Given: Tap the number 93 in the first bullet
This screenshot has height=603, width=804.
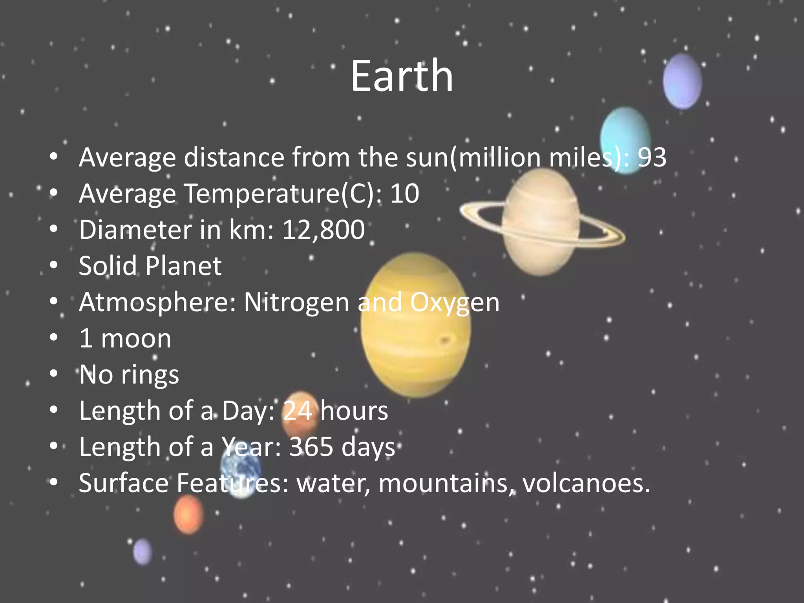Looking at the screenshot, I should [x=652, y=157].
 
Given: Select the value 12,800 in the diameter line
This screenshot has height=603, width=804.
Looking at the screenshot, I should [x=323, y=230].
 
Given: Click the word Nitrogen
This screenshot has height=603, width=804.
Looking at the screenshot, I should [x=296, y=302].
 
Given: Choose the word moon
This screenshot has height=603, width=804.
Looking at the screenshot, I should [x=136, y=338].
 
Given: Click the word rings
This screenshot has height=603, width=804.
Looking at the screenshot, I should [x=150, y=375].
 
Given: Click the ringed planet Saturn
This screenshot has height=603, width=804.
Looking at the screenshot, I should [x=542, y=222].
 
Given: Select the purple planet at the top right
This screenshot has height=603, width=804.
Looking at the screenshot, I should [x=682, y=81].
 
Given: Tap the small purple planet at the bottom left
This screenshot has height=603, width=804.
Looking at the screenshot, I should [x=143, y=552].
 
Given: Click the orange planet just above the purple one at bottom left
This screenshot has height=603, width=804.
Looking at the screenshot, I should [x=188, y=514].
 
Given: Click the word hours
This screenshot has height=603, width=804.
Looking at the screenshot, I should [x=354, y=411].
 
